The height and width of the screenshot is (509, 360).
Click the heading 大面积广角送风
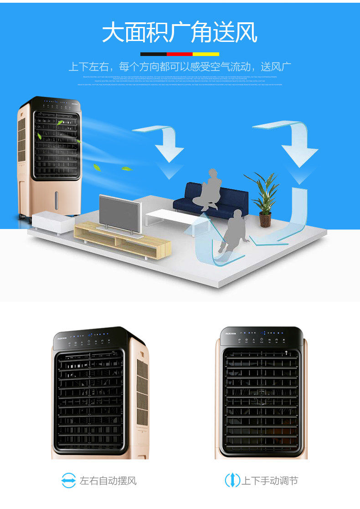point(180,33)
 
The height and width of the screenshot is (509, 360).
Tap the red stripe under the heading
point(180,54)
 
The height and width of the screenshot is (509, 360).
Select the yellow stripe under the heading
point(206,54)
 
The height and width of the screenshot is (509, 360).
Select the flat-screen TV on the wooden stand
point(120,215)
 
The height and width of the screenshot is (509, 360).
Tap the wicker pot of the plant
point(265,220)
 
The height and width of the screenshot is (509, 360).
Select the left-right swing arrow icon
point(69,480)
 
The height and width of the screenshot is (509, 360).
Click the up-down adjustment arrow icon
point(232,480)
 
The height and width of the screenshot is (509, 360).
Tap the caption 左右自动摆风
point(108,481)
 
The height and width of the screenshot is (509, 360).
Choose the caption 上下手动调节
point(269,481)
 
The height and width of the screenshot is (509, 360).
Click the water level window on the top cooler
point(57,200)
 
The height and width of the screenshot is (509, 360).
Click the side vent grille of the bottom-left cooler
point(142,392)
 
